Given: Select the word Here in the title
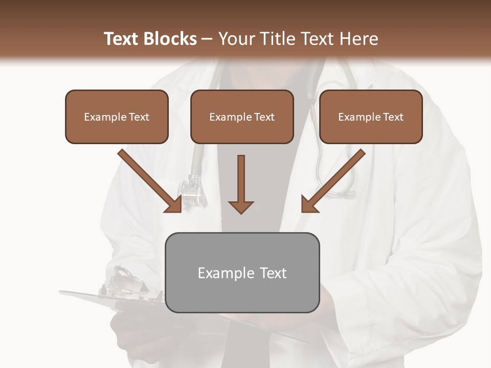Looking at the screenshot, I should [x=360, y=39].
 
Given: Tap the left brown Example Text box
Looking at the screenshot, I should [x=117, y=117].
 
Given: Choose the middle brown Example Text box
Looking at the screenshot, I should [x=242, y=117].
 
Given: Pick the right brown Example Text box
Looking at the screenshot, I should [x=371, y=117].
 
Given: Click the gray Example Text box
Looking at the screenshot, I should [x=242, y=272].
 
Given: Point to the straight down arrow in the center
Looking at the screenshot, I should [x=241, y=181].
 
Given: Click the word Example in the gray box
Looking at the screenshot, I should [x=223, y=273].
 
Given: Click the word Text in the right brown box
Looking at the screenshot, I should [x=393, y=117].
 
